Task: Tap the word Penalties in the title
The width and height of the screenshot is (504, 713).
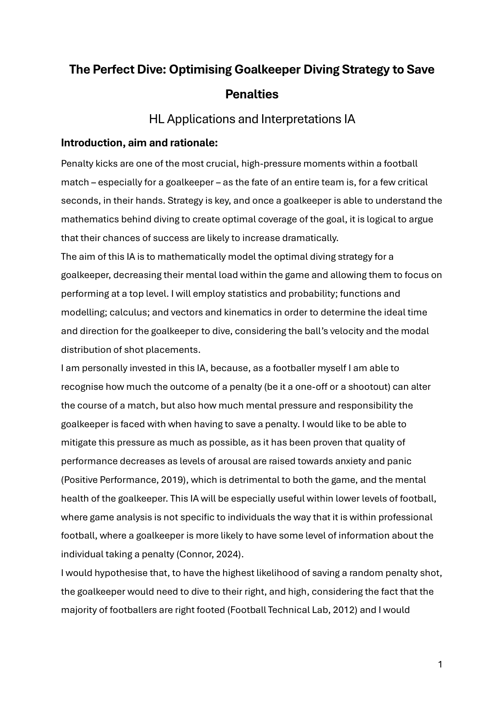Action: [252, 94]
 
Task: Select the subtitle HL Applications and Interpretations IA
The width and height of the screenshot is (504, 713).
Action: [252, 119]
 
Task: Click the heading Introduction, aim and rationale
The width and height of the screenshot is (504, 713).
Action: [139, 143]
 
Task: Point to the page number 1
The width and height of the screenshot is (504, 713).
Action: [440, 665]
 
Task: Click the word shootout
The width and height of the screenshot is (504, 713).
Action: [369, 387]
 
